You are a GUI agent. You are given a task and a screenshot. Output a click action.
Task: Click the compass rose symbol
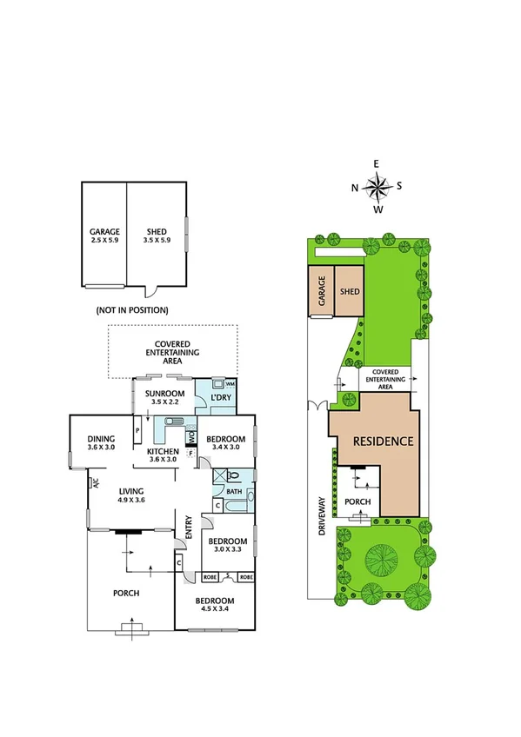377,186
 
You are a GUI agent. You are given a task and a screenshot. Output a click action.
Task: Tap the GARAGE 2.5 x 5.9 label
104,236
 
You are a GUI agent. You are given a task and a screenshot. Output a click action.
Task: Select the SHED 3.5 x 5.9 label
156,236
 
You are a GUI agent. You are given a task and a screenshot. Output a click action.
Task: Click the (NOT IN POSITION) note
131,309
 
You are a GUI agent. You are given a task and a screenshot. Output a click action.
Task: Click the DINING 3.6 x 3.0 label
102,443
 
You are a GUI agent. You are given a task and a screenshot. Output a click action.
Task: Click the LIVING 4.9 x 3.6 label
133,495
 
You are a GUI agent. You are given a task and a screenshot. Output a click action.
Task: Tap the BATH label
233,491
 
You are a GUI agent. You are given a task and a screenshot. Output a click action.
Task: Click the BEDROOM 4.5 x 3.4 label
214,606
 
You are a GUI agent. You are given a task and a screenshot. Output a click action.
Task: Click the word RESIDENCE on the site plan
381,441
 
